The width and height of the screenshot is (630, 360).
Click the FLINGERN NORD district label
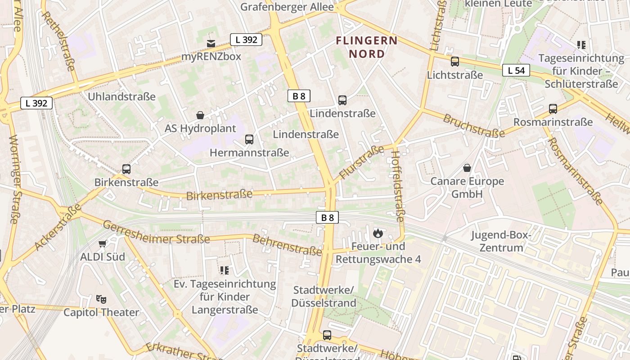point(367,47)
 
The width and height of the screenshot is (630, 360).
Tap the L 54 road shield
point(516,70)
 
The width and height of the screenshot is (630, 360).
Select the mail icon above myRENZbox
point(211,43)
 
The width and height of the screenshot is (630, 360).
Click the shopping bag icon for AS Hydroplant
point(200,115)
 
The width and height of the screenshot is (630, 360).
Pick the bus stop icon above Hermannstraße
point(249,139)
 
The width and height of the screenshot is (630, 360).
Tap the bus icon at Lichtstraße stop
point(455,62)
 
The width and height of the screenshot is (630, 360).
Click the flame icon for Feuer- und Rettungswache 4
point(378,233)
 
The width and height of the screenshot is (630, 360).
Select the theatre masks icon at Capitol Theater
point(101,299)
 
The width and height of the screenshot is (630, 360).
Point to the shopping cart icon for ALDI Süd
point(103,243)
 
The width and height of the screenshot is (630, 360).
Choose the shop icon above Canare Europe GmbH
point(467,168)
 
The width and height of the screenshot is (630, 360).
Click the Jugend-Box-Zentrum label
point(501,241)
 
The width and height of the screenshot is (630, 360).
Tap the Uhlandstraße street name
point(121,97)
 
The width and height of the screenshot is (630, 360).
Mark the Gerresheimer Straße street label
point(156,232)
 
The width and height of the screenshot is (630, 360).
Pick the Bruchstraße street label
point(473,126)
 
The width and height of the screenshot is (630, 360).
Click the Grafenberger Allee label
point(287,7)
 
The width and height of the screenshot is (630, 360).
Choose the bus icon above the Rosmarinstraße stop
point(553,109)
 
